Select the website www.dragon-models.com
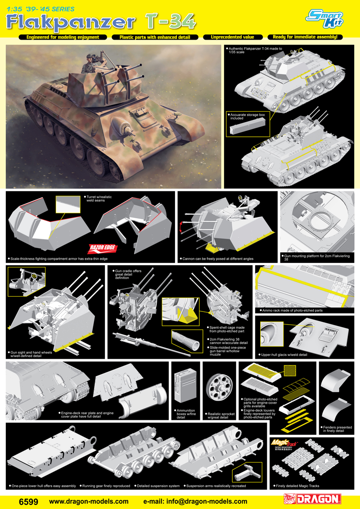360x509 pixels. click(x=88, y=501)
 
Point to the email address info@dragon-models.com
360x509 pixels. click(x=194, y=501)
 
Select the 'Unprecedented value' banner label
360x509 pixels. click(x=233, y=37)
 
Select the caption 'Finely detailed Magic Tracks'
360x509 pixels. click(x=297, y=486)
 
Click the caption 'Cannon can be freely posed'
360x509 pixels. click(x=218, y=259)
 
